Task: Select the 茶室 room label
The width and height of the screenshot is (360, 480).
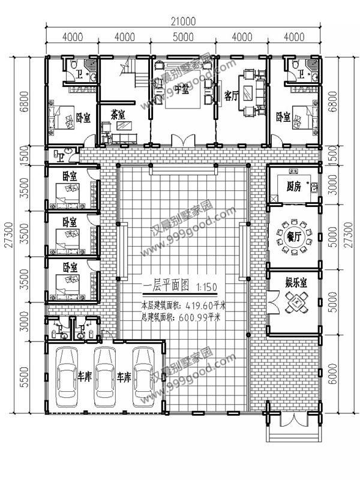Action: [x=118, y=114]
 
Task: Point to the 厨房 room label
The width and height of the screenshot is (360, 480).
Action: [x=293, y=186]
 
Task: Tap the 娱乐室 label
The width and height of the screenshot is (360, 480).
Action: [x=296, y=283]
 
